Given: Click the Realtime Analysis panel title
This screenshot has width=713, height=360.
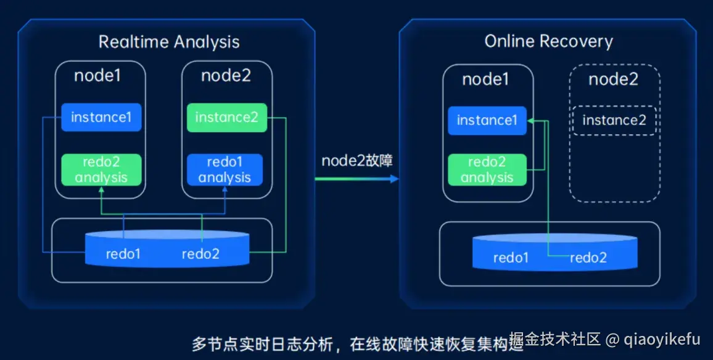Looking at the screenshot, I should coord(169,42).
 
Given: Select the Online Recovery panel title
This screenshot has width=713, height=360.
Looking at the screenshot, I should coord(548,41).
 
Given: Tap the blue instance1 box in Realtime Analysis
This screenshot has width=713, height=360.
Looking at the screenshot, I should coord(101,117).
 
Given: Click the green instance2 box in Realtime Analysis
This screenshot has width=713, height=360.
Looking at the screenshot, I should coord(226,117).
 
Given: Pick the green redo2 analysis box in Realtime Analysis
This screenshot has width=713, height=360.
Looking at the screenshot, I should coord(101,170).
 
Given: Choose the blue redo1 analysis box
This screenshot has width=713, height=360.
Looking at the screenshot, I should coord(225,170).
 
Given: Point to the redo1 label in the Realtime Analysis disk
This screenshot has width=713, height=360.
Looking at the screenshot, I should coord(123,253).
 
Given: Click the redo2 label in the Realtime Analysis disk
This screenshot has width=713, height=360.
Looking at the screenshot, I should coord(200,253).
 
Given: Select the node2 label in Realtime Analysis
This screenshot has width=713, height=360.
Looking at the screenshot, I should coord(226,76).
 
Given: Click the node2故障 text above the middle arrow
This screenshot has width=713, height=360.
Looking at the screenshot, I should coord(357,161).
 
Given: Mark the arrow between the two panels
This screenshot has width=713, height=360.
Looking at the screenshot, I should coord(356,179).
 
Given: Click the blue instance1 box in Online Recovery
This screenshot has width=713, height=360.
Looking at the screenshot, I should coord(487,120).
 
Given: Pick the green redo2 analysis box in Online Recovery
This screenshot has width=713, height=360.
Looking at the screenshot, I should coord(487,170).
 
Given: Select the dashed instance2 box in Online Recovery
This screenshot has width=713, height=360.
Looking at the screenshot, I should coord(614,120).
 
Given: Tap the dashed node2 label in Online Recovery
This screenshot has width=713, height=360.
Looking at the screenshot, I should coord(613,80).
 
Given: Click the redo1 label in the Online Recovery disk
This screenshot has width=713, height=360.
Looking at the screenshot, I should coord(511,258).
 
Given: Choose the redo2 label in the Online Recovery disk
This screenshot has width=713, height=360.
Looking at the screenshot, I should coord(588,258).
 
